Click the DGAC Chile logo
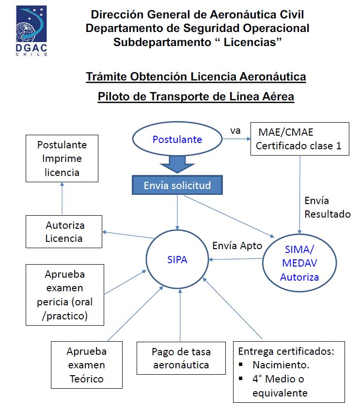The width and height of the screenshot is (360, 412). [31, 31]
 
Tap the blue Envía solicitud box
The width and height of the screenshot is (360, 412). [177, 185]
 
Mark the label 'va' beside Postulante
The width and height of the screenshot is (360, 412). [235, 130]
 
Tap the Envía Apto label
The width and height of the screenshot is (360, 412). [237, 246]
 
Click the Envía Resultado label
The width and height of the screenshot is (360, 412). [328, 207]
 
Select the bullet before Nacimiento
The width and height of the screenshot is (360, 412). [241, 364]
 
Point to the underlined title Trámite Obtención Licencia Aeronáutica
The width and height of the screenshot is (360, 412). [196, 77]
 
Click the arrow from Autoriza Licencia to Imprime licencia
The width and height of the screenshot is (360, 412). [62, 198]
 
